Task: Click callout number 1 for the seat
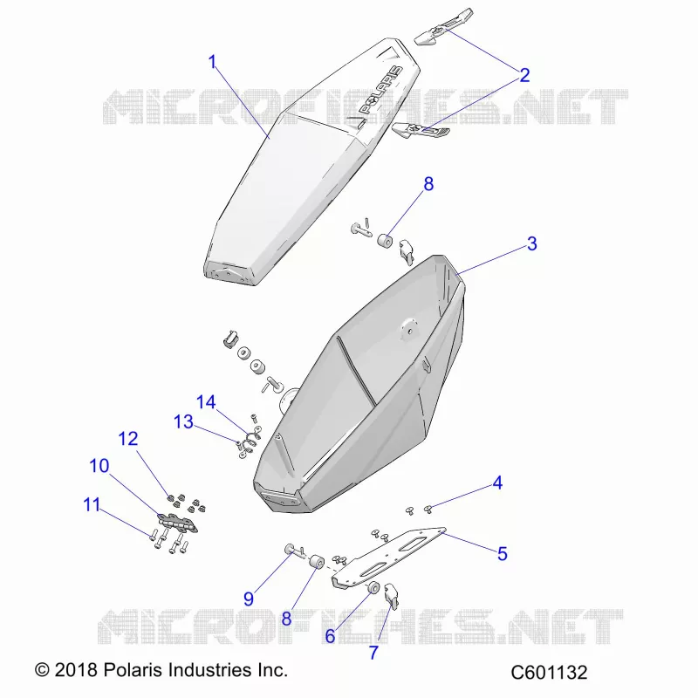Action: pyautogui.click(x=212, y=62)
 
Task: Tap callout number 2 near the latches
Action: pyautogui.click(x=524, y=75)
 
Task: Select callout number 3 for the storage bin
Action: pyautogui.click(x=532, y=243)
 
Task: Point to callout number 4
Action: pyautogui.click(x=497, y=483)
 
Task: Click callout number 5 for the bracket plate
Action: pyautogui.click(x=503, y=554)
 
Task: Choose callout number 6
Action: pyautogui.click(x=330, y=636)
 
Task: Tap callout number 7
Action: pyautogui.click(x=373, y=653)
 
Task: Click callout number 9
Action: pyautogui.click(x=249, y=599)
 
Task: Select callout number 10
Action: pyautogui.click(x=99, y=466)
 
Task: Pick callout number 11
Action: pyautogui.click(x=92, y=505)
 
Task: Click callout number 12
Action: pyautogui.click(x=128, y=439)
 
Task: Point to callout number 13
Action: pyautogui.click(x=183, y=421)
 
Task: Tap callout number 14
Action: pyautogui.click(x=206, y=402)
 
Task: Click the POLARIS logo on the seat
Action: pyautogui.click(x=380, y=90)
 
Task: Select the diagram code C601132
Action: pyautogui.click(x=549, y=672)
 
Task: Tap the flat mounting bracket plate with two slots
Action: pyautogui.click(x=388, y=558)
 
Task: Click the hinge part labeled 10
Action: pyautogui.click(x=178, y=523)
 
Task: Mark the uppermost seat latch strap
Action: pyautogui.click(x=444, y=27)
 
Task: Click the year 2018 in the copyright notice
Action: pyautogui.click(x=76, y=670)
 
